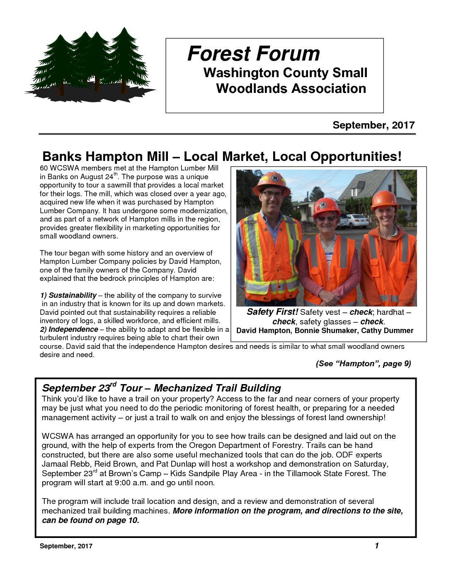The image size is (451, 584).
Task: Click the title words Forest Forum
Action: (254, 54)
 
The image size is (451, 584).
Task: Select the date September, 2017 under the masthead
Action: (373, 125)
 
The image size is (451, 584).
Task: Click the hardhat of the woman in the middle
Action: (326, 206)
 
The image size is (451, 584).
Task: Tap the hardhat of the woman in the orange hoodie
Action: (384, 199)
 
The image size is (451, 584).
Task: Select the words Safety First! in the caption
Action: (272, 312)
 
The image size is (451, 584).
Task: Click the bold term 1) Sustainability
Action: (68, 295)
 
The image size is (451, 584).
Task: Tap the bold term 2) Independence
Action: (69, 329)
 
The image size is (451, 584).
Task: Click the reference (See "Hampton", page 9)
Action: (363, 364)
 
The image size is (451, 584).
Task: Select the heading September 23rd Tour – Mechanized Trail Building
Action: (161, 388)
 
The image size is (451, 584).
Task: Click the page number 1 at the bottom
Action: (377, 545)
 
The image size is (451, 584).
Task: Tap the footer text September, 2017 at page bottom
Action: (66, 546)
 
